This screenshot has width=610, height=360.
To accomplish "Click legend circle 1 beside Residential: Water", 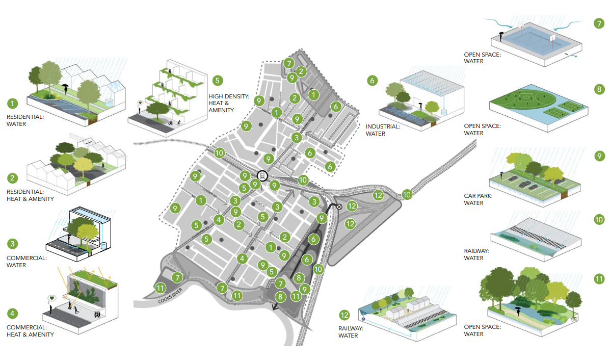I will click(12, 104).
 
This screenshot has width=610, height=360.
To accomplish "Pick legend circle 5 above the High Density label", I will click(218, 81).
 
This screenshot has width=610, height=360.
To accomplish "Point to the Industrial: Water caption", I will click(383, 130).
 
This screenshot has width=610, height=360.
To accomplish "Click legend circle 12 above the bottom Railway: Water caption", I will click(345, 314).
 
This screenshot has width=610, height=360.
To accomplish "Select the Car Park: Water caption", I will click(478, 199).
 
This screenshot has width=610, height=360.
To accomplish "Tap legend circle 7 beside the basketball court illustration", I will click(599, 23).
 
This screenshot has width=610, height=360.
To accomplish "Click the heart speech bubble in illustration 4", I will click(51, 298).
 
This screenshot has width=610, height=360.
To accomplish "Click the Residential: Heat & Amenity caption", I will click(30, 195).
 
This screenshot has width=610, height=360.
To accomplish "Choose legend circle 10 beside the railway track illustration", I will click(599, 220).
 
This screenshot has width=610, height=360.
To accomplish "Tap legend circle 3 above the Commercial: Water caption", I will click(12, 244).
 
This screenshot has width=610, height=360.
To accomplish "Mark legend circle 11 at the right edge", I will click(599, 279).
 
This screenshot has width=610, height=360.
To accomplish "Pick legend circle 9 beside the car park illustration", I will click(599, 156).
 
